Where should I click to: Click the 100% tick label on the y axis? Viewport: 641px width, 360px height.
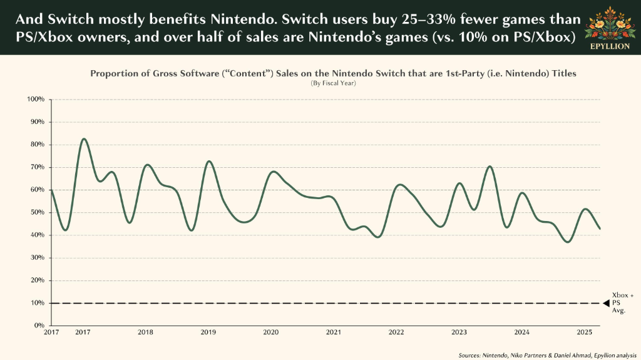pyautogui.click(x=36, y=100)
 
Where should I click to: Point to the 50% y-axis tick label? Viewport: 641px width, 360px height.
pyautogui.click(x=37, y=212)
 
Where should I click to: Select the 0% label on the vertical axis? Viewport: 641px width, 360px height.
pyautogui.click(x=39, y=325)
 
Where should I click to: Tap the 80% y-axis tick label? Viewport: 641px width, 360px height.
pyautogui.click(x=37, y=145)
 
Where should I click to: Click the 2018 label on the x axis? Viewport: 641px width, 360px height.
pyautogui.click(x=145, y=332)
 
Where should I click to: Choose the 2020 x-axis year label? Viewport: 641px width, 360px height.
pyautogui.click(x=270, y=332)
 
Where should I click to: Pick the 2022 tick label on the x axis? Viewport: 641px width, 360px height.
pyautogui.click(x=396, y=332)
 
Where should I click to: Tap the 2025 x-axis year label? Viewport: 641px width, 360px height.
pyautogui.click(x=584, y=332)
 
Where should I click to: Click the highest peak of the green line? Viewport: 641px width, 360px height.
pyautogui.click(x=84, y=139)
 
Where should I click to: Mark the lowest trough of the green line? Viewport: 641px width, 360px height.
pyautogui.click(x=568, y=242)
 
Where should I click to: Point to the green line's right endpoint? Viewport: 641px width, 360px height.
pyautogui.click(x=600, y=229)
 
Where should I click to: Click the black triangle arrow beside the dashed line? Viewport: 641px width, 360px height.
pyautogui.click(x=606, y=303)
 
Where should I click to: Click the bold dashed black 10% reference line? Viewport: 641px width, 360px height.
pyautogui.click(x=326, y=303)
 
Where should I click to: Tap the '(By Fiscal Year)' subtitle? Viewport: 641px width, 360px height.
pyautogui.click(x=333, y=83)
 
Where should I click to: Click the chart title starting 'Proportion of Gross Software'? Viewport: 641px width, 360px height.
pyautogui.click(x=333, y=74)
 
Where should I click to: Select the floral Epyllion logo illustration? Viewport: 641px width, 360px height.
pyautogui.click(x=610, y=23)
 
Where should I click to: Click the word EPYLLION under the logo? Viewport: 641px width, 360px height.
pyautogui.click(x=610, y=46)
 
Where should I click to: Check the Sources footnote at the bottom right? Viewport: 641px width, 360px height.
pyautogui.click(x=547, y=356)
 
